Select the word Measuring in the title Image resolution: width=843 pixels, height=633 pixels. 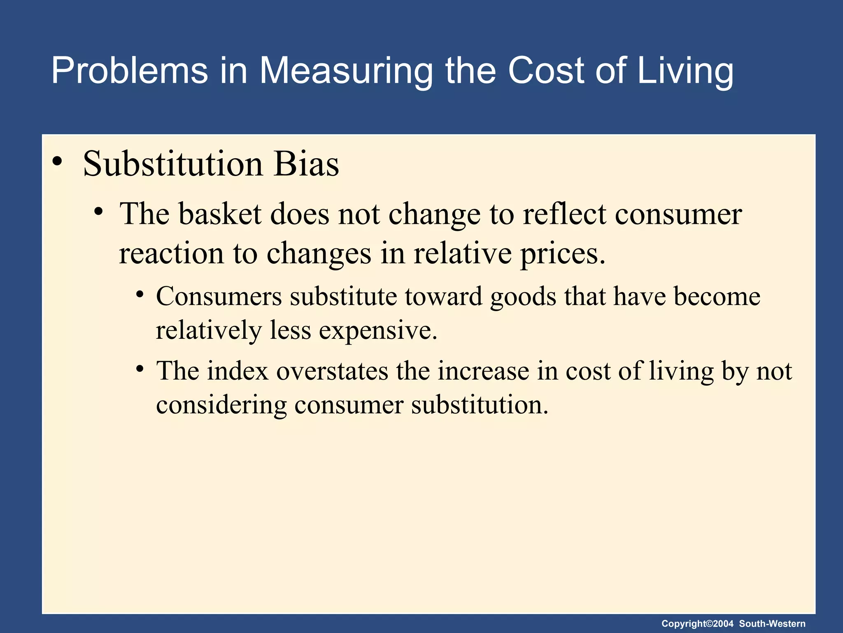[x=345, y=71]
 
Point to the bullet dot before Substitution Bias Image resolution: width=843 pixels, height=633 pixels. [x=58, y=161]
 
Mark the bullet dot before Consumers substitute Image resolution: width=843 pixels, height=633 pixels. [x=140, y=294]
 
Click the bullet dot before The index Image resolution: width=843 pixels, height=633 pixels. [x=140, y=368]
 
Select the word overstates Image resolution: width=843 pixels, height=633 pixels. [x=332, y=371]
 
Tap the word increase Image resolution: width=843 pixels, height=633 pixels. [x=483, y=371]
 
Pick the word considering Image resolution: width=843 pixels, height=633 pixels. [x=221, y=405]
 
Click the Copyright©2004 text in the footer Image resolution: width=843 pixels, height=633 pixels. [x=697, y=624]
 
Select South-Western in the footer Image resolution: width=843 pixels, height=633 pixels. [x=772, y=624]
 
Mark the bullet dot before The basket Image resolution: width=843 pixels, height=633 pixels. [x=98, y=212]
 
